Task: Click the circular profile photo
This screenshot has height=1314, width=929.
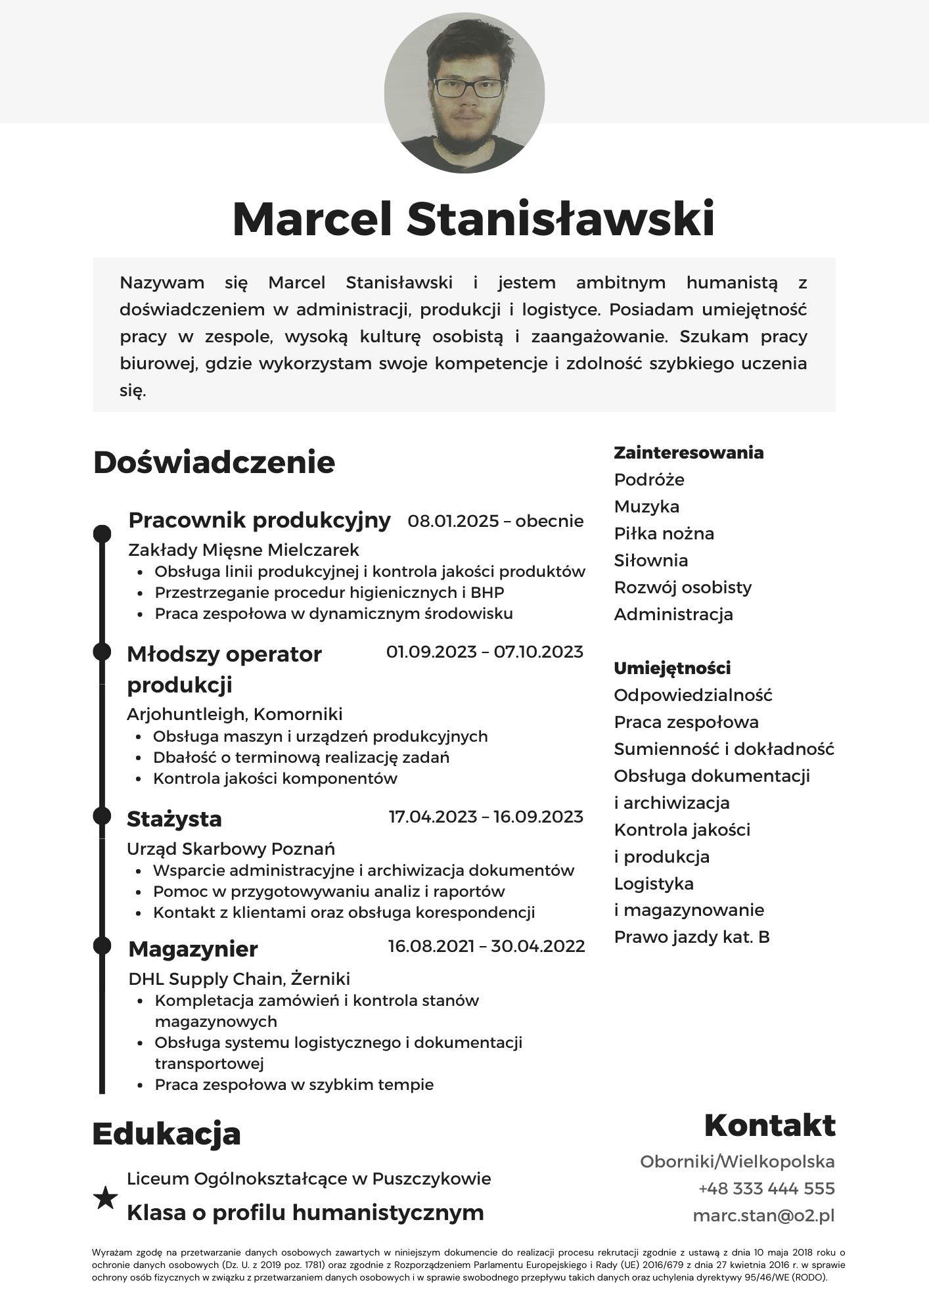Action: (464, 93)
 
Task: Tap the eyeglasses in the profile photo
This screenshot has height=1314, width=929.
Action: (469, 88)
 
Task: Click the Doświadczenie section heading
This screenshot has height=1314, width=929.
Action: (214, 462)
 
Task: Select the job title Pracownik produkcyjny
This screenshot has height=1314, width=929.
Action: (260, 520)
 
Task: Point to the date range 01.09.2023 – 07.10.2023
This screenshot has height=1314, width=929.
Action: (484, 652)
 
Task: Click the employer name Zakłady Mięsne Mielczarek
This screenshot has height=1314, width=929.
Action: (244, 549)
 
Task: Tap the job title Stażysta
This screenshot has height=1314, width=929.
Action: (174, 819)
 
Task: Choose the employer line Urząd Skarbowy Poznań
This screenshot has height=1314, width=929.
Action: (231, 848)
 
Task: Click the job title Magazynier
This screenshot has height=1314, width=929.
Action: (193, 949)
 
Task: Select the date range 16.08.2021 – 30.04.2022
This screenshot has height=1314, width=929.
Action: (486, 946)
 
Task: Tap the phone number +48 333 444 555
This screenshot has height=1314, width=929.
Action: (766, 1189)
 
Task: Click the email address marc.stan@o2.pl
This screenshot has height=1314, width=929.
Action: (763, 1215)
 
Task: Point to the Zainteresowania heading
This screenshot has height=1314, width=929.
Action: (689, 453)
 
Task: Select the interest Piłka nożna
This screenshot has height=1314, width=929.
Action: (664, 533)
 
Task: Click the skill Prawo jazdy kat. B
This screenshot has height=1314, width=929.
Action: (692, 937)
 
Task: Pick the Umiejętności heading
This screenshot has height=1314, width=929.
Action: (672, 668)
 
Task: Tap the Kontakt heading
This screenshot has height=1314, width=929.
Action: (769, 1125)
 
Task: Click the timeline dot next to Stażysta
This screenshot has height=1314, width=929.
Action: (102, 816)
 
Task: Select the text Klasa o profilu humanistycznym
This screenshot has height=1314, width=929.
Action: (305, 1212)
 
